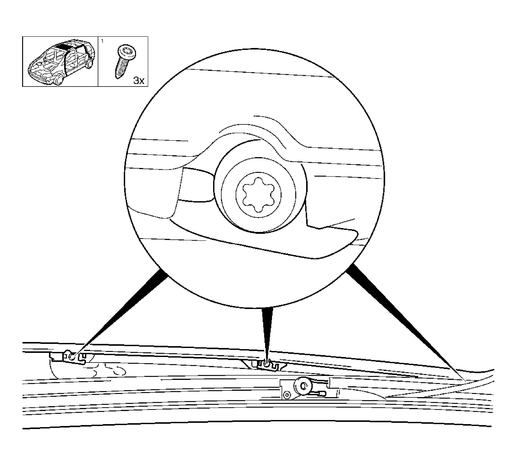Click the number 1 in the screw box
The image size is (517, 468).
coord(102,41)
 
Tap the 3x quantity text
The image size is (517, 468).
coord(139,81)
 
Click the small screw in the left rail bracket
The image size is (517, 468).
coord(72,356)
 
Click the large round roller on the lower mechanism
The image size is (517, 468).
coord(303,385)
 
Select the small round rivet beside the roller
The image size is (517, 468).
coord(287,395)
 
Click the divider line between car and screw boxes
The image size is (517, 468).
coord(98,61)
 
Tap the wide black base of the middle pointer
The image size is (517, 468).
coord(267,311)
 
